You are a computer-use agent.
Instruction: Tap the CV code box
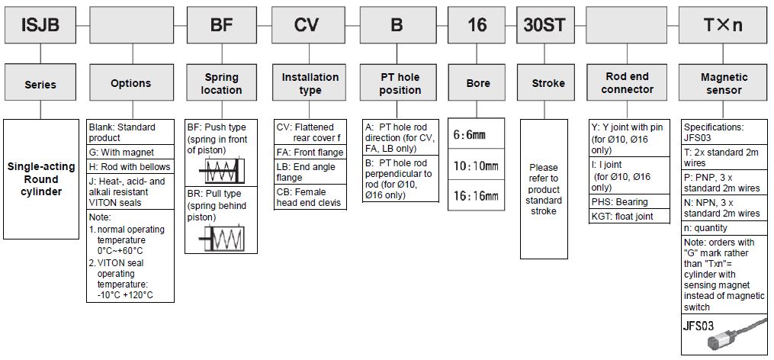pos(310,25)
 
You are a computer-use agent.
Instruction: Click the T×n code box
pos(723,25)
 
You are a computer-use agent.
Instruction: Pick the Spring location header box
pos(222,84)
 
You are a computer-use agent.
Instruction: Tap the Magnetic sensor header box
pos(723,83)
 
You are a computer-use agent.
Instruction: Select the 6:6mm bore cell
pos(476,135)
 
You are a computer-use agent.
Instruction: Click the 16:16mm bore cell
pos(476,196)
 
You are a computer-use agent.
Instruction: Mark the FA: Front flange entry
pos(310,153)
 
